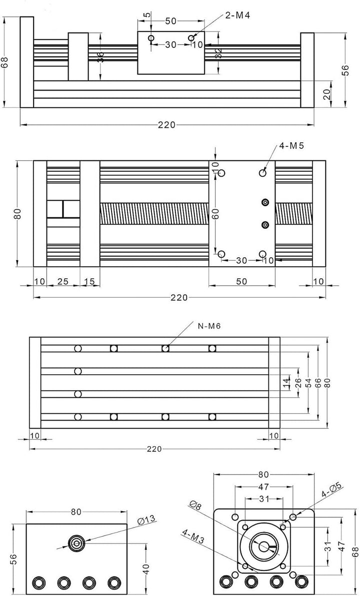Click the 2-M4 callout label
click(x=237, y=15)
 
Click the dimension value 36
click(x=100, y=56)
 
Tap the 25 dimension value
click(x=63, y=282)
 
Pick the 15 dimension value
click(x=90, y=282)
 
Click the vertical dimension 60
click(x=215, y=213)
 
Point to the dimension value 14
click(x=285, y=383)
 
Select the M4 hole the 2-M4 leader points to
click(x=191, y=38)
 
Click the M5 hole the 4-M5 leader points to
click(x=263, y=173)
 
